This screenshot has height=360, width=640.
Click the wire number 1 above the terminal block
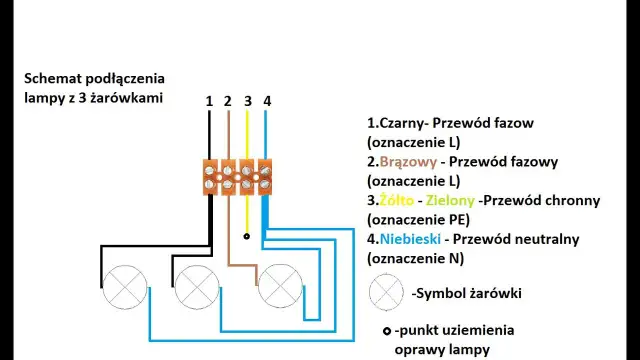(x=210, y=101)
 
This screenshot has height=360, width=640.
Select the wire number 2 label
(x=228, y=101)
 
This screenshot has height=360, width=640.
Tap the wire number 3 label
(x=247, y=101)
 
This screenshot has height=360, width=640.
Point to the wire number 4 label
(x=266, y=101)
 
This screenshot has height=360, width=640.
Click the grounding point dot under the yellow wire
(x=247, y=237)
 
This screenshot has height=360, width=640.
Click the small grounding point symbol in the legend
(x=386, y=331)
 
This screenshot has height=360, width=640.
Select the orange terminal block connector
(x=237, y=176)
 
